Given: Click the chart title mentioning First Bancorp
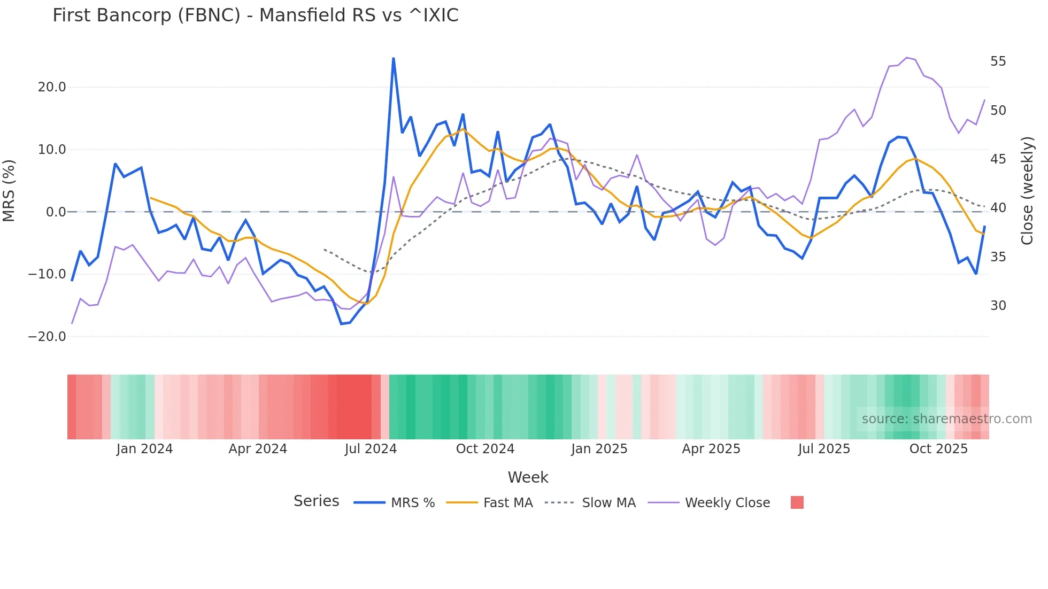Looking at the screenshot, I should point(255,15).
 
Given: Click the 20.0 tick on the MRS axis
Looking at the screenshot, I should point(52,87).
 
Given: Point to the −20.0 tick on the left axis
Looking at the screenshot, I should point(47,337).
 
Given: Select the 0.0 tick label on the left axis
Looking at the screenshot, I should point(56,212).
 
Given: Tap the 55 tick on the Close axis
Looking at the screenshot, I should point(998,61).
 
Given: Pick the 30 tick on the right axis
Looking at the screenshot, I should point(998,306).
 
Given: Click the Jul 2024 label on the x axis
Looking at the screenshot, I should point(371,449).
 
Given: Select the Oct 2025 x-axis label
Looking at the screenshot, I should point(938,449).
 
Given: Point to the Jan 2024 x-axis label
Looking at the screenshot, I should point(144,449).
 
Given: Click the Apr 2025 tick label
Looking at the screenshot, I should point(711,449).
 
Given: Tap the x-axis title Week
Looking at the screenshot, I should point(528,477).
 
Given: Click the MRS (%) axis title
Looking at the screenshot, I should point(9,190).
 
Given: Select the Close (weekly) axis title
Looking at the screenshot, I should point(1027,191).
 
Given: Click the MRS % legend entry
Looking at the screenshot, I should point(412,503).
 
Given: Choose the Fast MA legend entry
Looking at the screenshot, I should point(507,503).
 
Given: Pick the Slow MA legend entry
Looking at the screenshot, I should point(608,503).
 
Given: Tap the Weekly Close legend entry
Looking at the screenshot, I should point(727,503).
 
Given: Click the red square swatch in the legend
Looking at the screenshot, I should point(797,502).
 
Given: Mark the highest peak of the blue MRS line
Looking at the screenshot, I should point(394,58).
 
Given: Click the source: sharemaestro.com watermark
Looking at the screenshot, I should point(946,419).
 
